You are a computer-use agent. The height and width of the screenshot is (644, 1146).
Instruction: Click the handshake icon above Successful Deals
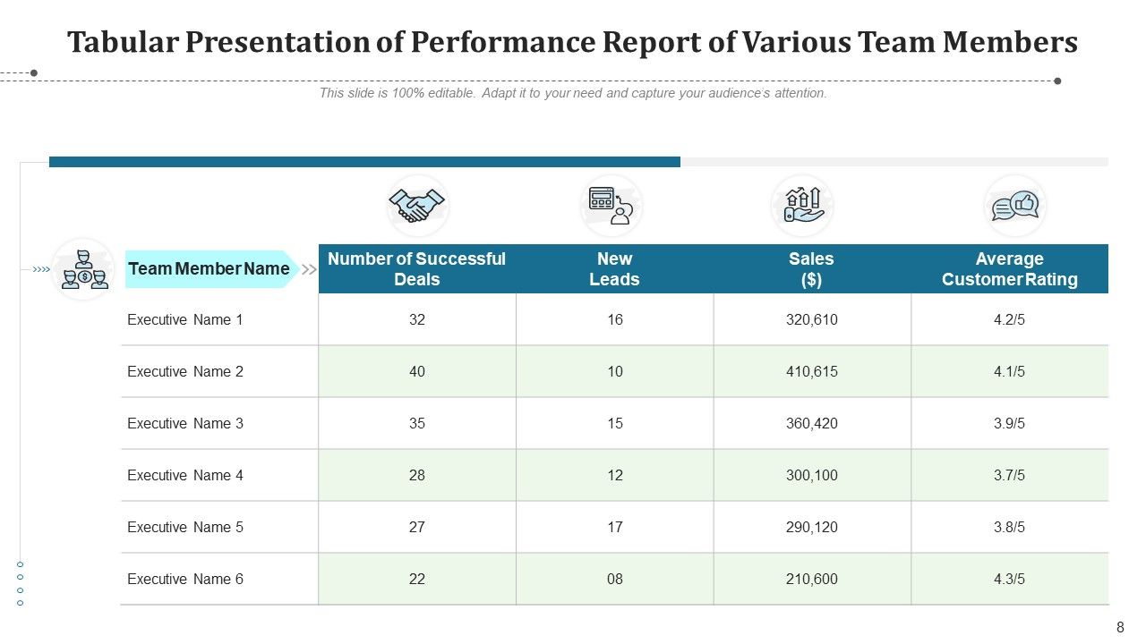point(417,206)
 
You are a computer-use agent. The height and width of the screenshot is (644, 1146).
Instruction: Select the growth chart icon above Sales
point(802,206)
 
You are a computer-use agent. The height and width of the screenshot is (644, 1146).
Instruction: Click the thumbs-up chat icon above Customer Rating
point(1014,206)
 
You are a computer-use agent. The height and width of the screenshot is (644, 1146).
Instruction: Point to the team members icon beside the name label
point(83,269)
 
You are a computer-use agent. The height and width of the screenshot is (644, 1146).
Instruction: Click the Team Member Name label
point(209,268)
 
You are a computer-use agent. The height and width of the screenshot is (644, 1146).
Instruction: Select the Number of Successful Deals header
point(416,269)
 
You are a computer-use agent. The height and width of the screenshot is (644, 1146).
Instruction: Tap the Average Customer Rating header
point(1009,269)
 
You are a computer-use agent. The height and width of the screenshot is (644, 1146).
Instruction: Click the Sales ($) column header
point(811,269)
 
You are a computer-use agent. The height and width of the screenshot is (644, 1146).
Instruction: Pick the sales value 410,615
point(811,371)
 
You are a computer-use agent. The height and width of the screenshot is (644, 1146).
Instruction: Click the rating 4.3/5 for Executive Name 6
point(1009,579)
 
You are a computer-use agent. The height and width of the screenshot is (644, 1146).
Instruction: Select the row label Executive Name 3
point(185,423)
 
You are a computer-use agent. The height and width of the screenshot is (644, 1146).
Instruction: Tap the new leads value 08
point(614,579)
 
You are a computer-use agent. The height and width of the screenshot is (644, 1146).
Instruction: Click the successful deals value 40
point(417,371)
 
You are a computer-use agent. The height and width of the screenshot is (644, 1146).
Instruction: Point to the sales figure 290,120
point(811,527)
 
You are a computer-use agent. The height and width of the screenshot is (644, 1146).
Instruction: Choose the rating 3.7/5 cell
point(1009,475)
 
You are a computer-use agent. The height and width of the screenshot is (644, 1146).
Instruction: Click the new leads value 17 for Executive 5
point(614,527)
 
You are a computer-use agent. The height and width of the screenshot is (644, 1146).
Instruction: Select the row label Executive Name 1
point(185,319)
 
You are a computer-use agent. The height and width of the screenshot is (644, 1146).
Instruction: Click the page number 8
point(1120,628)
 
